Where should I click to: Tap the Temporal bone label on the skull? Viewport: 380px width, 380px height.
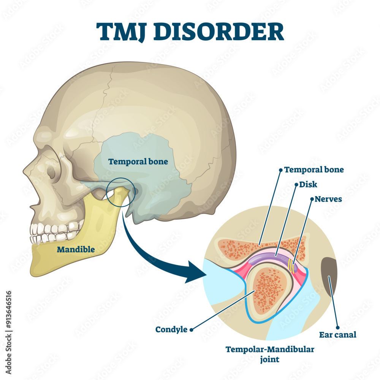click(138, 161)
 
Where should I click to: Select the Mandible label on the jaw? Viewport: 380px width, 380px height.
click(76, 249)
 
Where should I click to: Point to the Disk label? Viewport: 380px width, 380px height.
click(308, 185)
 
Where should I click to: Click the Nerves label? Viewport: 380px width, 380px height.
click(328, 199)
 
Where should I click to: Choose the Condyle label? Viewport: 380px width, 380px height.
click(171, 329)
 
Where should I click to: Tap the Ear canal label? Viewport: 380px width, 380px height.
click(338, 335)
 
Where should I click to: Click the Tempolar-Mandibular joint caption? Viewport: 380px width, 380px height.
click(270, 354)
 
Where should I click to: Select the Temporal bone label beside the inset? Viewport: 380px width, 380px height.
click(314, 170)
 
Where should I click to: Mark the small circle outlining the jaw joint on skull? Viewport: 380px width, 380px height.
click(119, 192)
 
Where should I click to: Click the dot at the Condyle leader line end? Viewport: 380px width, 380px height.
click(191, 329)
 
